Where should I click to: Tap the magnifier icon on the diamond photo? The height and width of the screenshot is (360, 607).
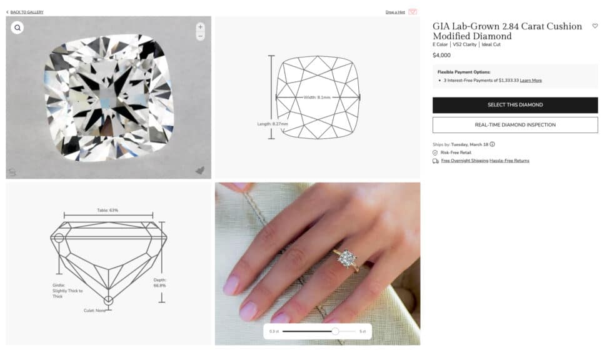point(18,28)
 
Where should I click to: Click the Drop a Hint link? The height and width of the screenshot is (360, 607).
point(395,12)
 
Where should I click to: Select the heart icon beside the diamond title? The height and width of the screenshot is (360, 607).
point(595,26)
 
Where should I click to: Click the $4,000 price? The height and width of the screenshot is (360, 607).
point(442,56)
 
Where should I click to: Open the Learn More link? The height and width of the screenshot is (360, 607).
point(531,81)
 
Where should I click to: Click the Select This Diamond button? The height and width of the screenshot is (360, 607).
point(515,105)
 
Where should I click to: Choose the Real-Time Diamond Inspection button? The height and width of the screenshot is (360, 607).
point(515,125)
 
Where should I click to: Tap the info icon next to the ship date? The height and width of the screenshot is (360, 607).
point(493,144)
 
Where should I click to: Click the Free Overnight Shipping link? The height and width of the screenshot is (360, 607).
point(464,161)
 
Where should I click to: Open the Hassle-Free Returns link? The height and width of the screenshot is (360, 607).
point(509,161)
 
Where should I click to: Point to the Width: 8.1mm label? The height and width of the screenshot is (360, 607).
point(317,97)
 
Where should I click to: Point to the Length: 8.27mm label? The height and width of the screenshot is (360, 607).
point(273,124)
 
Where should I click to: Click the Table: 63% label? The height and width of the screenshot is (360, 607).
point(108,211)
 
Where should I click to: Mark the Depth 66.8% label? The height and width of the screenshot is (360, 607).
point(159,282)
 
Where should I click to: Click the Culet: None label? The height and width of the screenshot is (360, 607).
point(95,311)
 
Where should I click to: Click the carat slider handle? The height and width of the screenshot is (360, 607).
point(335,331)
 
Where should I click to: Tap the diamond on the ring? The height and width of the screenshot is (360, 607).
point(347,258)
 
